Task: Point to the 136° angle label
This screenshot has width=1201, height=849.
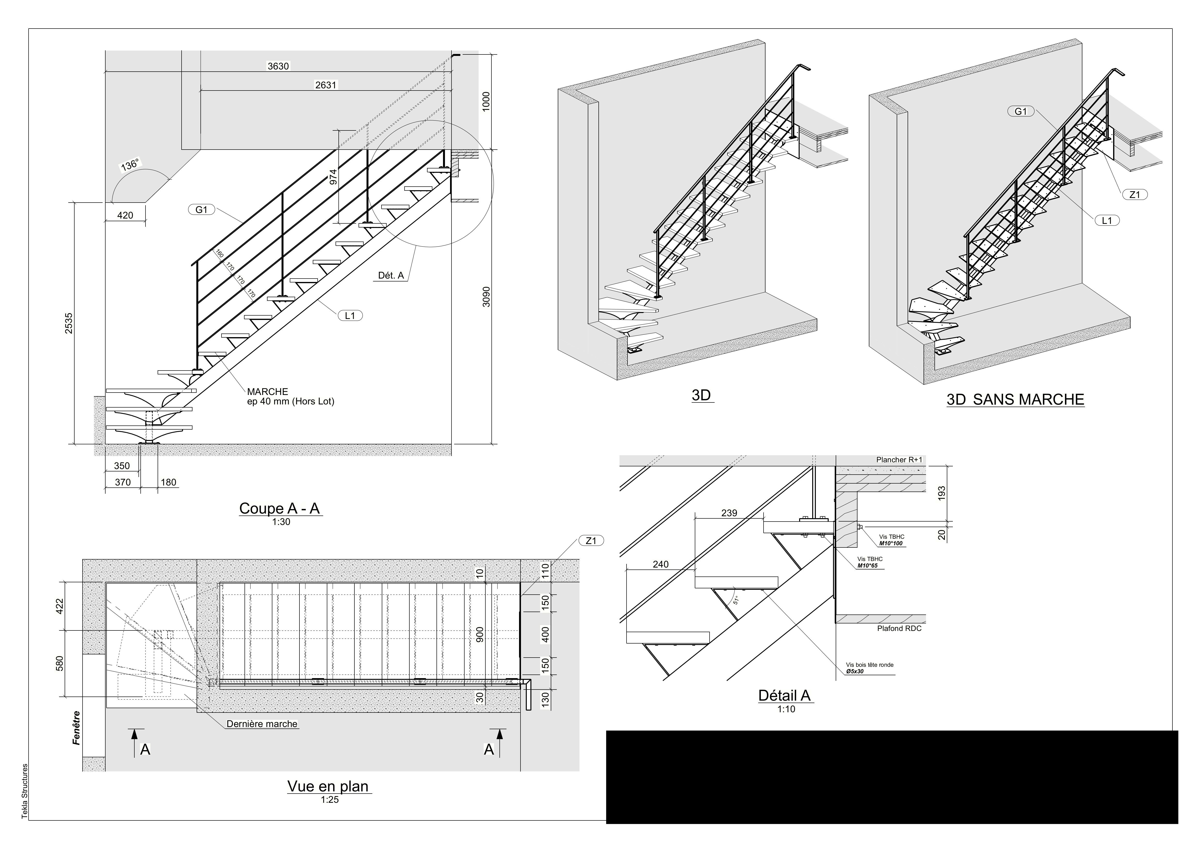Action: (130, 165)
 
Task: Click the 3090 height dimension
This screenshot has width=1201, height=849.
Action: (486, 296)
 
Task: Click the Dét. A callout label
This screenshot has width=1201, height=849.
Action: (391, 275)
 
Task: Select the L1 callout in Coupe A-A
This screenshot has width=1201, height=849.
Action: (350, 315)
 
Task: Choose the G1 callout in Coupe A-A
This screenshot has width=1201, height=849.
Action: (201, 210)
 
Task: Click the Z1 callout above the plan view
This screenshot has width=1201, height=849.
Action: (591, 541)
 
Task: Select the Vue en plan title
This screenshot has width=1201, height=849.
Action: (328, 786)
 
